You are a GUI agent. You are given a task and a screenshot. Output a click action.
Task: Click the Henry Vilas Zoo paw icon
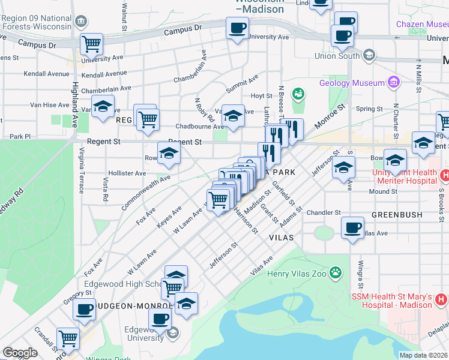(336, 274)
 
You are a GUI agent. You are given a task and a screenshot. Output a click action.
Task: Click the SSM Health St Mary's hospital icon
(440, 298)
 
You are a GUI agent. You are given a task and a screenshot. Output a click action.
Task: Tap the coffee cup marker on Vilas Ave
(352, 228)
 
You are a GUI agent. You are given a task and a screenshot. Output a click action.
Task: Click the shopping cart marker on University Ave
(91, 43)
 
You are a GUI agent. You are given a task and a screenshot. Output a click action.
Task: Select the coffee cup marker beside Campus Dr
(237, 28)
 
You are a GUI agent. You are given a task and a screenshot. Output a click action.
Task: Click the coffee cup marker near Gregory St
(84, 310)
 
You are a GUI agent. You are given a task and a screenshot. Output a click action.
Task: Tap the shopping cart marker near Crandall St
(68, 338)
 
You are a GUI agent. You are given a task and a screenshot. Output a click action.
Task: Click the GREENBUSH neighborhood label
(397, 214)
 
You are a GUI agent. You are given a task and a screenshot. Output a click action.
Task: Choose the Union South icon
(369, 56)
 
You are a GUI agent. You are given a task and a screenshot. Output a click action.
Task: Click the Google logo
(20, 353)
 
